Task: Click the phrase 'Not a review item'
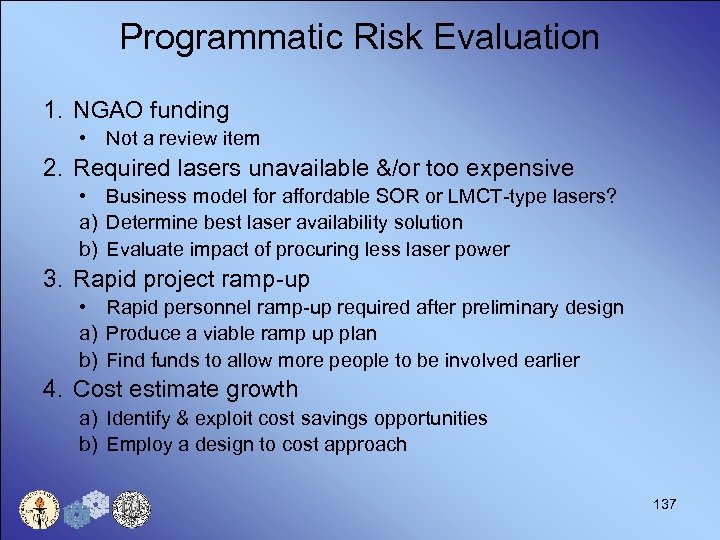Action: [183, 139]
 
